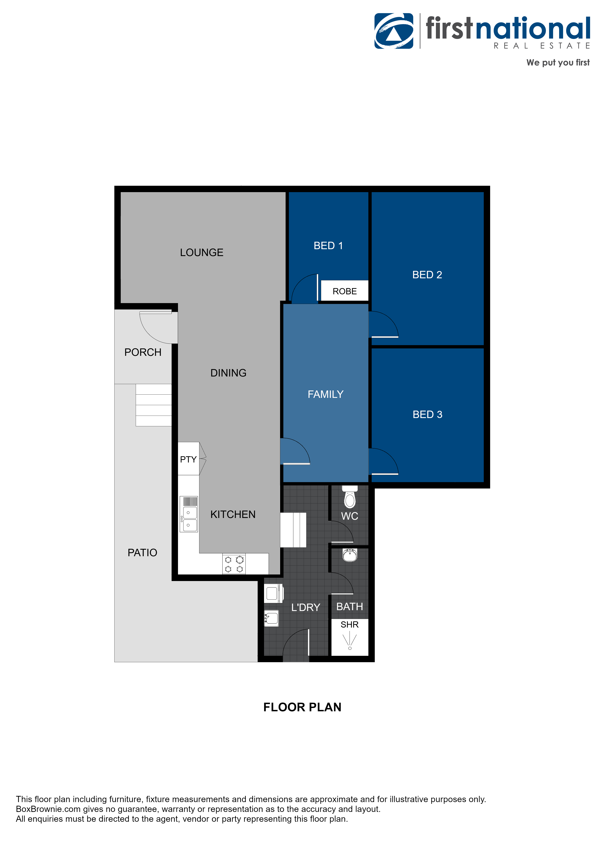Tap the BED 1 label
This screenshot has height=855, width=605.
tap(328, 246)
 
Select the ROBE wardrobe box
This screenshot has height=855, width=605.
tap(344, 291)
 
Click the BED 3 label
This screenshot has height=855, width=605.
tap(427, 414)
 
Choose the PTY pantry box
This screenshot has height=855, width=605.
tap(188, 459)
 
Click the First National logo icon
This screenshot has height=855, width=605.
tap(394, 31)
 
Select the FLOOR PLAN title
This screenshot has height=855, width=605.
tap(302, 707)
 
